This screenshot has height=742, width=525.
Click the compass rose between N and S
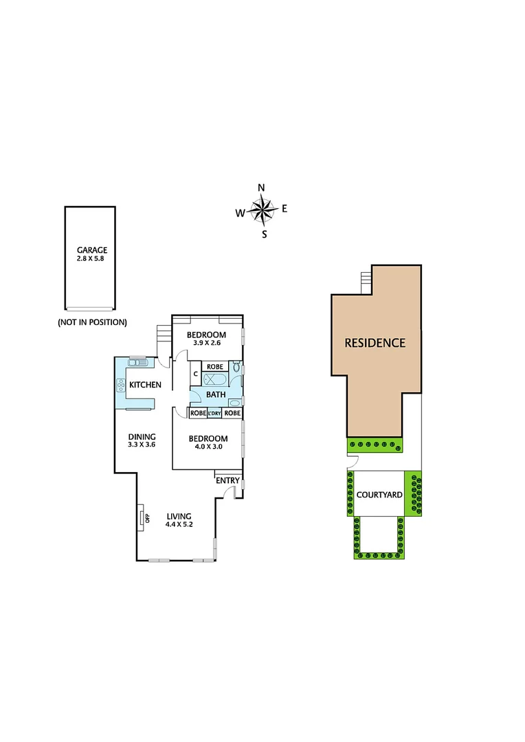[x=262, y=211]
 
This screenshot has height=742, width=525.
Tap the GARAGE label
[x=91, y=250]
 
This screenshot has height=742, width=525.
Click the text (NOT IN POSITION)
[x=92, y=322]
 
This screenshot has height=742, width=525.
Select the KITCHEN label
[x=145, y=385]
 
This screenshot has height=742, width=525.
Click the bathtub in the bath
[x=217, y=379]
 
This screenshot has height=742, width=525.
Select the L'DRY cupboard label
[x=214, y=413]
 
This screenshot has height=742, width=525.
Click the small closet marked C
[x=195, y=374]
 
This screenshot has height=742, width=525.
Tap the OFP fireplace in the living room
[x=143, y=517]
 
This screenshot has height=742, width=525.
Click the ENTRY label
[x=227, y=480]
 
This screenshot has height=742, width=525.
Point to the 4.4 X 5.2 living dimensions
[x=179, y=525]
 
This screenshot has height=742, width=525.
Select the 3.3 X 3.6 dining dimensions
[x=142, y=445]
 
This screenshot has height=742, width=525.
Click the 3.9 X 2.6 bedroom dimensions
[x=207, y=344]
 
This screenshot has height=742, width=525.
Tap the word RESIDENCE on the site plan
[x=375, y=343]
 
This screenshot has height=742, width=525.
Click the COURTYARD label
[x=378, y=495]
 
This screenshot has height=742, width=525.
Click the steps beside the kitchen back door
[x=163, y=334]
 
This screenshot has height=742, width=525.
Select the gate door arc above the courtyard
[x=350, y=468]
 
